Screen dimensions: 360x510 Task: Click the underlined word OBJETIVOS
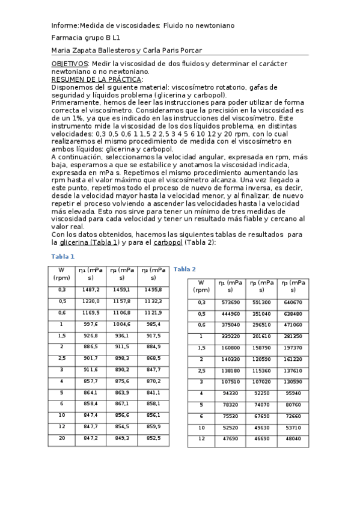coord(69,64)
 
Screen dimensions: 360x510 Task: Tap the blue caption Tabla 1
coord(63,256)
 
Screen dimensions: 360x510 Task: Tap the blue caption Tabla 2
coord(185,269)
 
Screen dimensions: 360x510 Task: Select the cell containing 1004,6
coord(122,324)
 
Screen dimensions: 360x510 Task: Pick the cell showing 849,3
coord(122,438)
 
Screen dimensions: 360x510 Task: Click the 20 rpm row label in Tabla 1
coord(61,438)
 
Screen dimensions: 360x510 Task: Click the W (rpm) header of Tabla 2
coord(201,286)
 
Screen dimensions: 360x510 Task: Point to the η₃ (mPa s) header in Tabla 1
coord(153,274)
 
